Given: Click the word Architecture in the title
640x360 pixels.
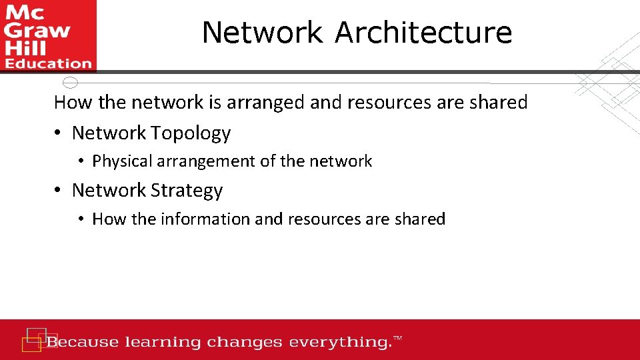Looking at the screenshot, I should (x=423, y=33).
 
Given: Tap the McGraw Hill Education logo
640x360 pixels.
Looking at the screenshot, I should (x=48, y=35).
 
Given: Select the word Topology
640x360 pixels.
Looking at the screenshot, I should (x=191, y=133).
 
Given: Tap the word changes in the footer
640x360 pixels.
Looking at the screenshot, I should (x=245, y=343).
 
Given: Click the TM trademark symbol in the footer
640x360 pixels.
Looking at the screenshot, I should (x=398, y=339).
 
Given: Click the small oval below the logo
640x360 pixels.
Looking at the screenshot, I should (x=70, y=83).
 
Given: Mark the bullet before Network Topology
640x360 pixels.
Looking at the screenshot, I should (x=59, y=133).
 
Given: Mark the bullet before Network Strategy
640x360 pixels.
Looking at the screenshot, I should (x=59, y=191).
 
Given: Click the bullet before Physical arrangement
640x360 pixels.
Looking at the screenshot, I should (x=80, y=161).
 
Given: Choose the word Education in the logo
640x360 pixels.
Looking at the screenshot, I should (x=48, y=64).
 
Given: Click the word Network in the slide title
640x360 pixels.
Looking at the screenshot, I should (x=262, y=33).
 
